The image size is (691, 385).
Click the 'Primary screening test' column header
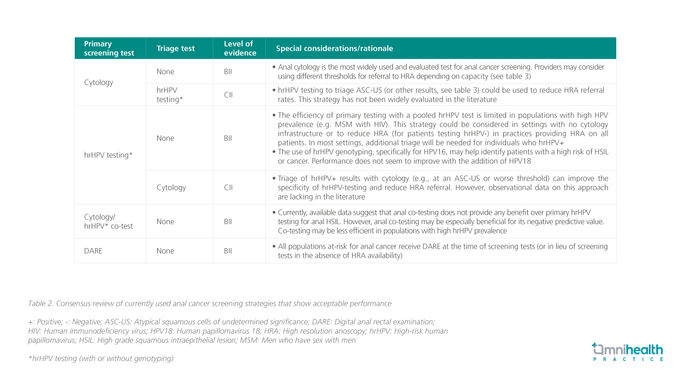(x=109, y=49)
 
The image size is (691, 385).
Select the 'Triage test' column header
(x=175, y=49)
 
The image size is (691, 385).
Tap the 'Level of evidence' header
(x=240, y=49)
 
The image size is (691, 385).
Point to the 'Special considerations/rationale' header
(x=334, y=49)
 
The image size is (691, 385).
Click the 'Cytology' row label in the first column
(x=98, y=82)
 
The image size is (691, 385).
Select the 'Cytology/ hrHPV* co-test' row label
(x=108, y=221)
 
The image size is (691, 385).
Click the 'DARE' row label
(x=93, y=251)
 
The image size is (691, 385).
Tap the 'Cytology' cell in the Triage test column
(x=171, y=188)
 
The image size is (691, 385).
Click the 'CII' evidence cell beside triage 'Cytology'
(x=228, y=188)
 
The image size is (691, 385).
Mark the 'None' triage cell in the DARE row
(x=165, y=251)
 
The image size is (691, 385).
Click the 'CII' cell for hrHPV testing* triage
(x=228, y=95)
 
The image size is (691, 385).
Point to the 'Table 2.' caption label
(x=40, y=303)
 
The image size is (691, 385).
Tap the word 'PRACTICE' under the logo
(x=628, y=359)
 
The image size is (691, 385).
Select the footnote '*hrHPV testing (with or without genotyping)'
(x=100, y=358)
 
